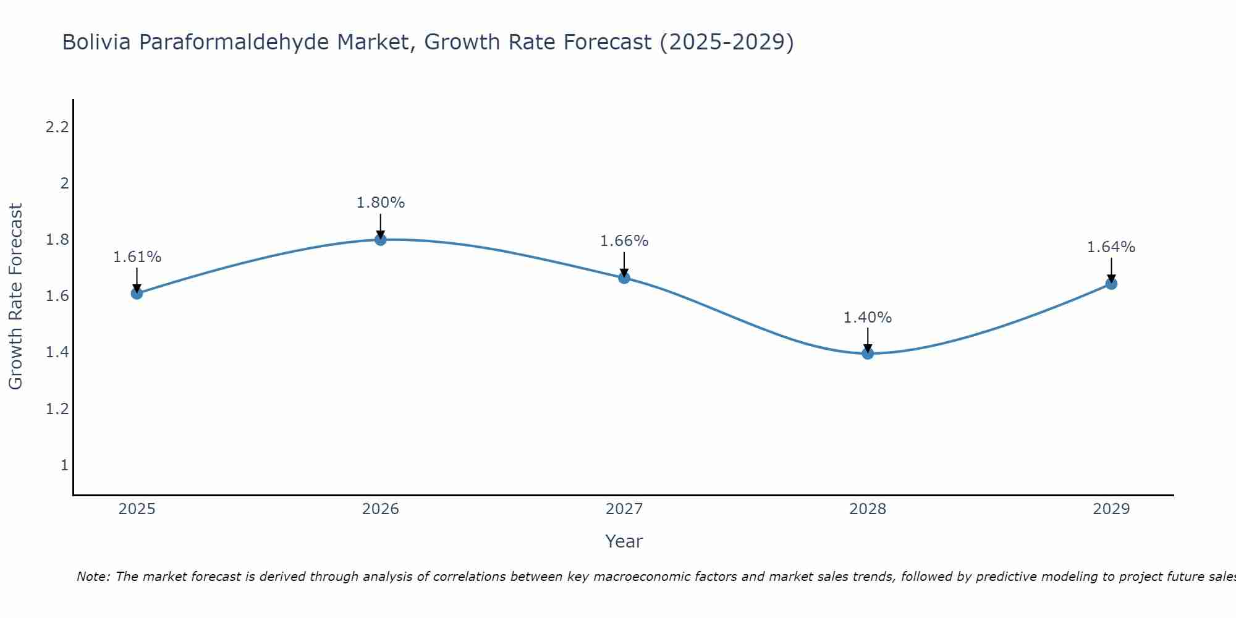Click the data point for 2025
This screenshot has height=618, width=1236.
(x=137, y=293)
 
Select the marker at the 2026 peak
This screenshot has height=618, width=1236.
(x=381, y=239)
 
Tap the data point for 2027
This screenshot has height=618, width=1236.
(x=624, y=278)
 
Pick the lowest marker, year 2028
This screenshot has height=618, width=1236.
(x=868, y=353)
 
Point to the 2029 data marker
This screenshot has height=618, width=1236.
(x=1111, y=284)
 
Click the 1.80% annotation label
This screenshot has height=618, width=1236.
(x=381, y=203)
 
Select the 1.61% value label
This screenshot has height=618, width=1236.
(x=137, y=257)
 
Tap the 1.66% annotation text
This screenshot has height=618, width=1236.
(x=624, y=241)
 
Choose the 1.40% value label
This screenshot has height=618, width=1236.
(x=868, y=318)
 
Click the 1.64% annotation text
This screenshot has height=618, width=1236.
(x=1111, y=247)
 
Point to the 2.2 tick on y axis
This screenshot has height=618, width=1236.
(x=57, y=127)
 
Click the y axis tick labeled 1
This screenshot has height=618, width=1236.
(x=64, y=465)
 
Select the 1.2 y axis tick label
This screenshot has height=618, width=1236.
(x=57, y=408)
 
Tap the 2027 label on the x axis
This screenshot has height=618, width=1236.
(x=624, y=509)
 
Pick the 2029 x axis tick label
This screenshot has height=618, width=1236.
(x=1111, y=509)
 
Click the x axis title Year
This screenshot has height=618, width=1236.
(x=624, y=541)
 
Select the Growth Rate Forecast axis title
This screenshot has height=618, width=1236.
(x=15, y=297)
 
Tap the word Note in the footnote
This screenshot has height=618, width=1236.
(x=93, y=577)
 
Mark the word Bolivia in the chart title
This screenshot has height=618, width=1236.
(x=96, y=42)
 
